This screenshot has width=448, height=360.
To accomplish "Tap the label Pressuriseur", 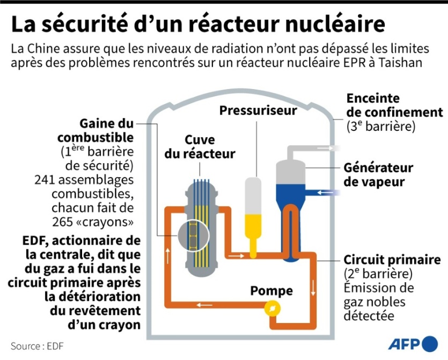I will coord(258,111).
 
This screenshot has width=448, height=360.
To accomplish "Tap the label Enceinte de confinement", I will coord(394,106).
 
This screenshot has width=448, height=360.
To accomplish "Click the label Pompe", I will coord(271,291).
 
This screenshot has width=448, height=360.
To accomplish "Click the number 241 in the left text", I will coord(45,179).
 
